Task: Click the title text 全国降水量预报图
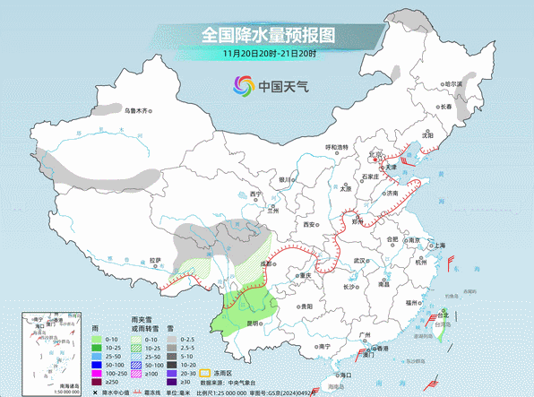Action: coord(267,35)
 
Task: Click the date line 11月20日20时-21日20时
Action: coord(267,54)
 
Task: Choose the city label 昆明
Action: coord(253,322)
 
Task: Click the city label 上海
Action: coord(439,246)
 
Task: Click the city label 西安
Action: coord(311,225)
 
